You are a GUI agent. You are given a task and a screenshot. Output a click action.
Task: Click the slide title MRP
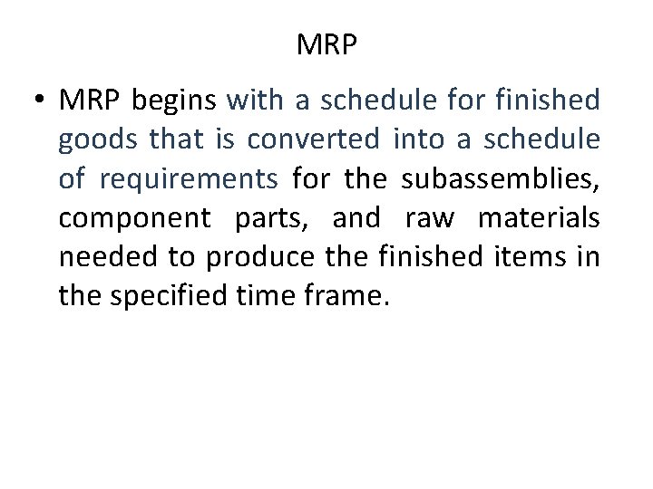326,44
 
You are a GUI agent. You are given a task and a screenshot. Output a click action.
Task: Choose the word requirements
189,179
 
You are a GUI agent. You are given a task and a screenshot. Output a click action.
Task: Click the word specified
187,296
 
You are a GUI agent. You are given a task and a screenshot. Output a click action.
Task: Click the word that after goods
177,140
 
